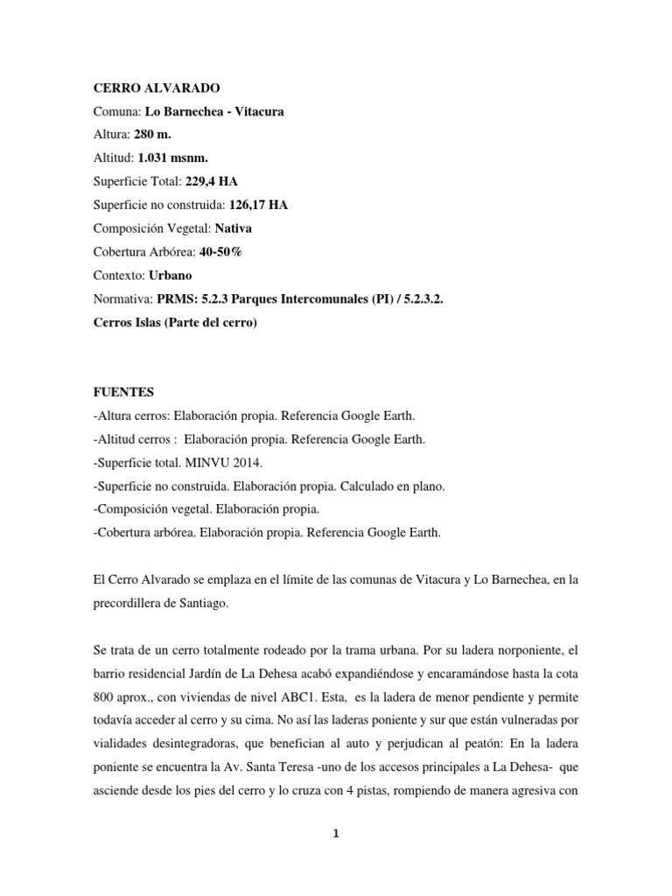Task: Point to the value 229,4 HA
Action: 210,181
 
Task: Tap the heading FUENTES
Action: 123,394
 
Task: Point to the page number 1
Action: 336,834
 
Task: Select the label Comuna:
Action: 116,112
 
